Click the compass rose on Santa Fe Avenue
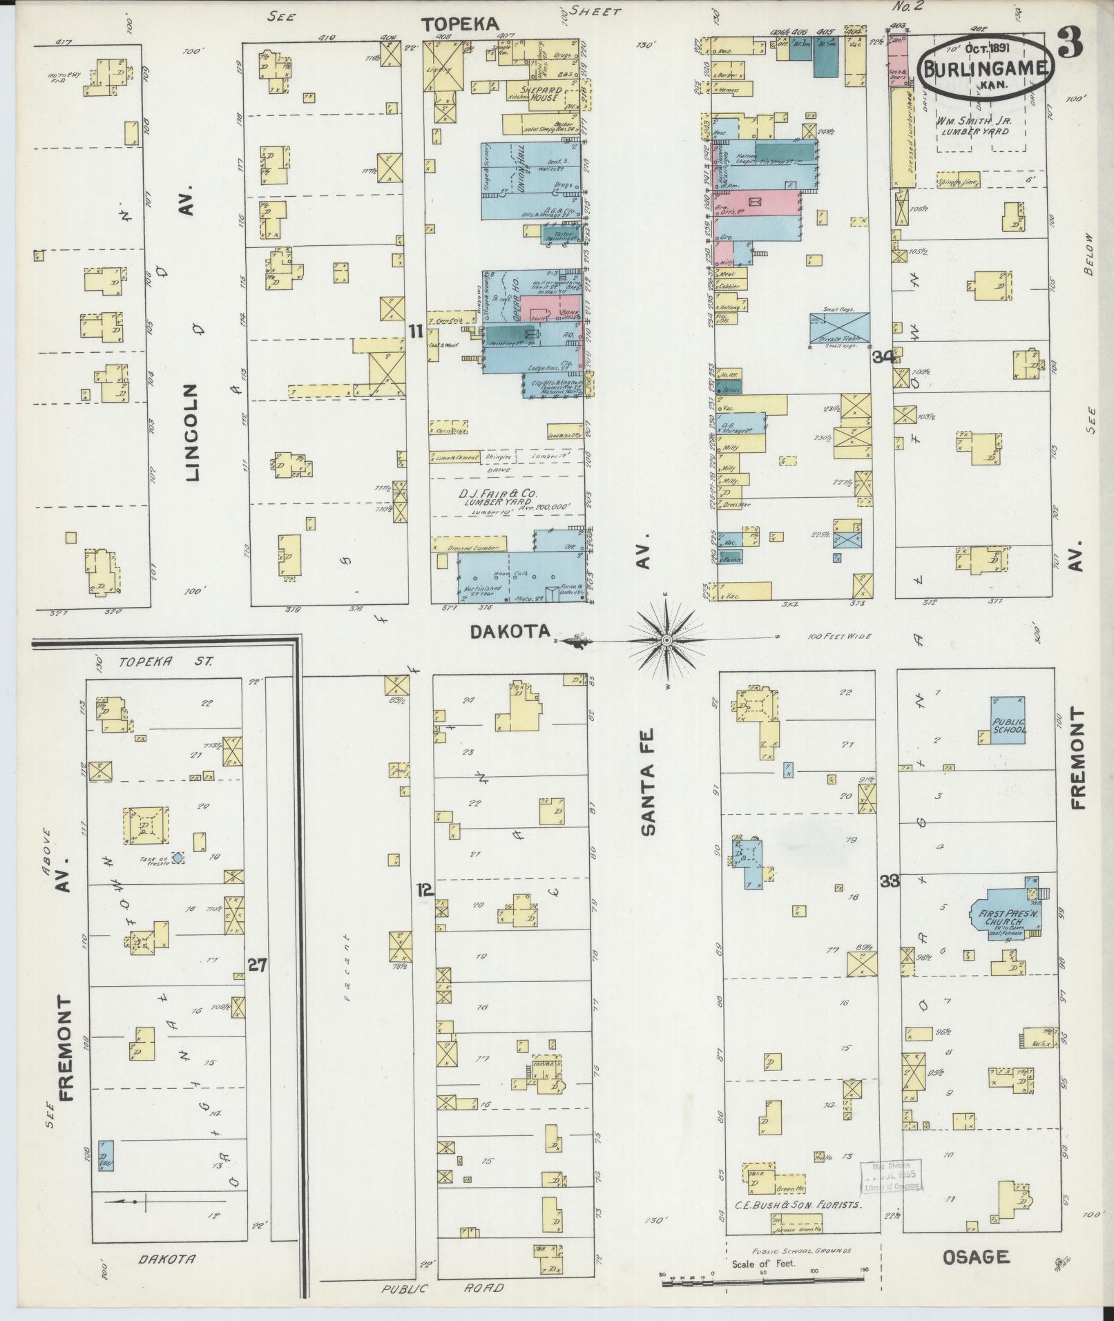(x=666, y=641)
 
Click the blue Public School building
(x=1007, y=720)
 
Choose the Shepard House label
(x=544, y=93)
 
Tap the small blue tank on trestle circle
(x=178, y=857)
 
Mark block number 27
(x=258, y=965)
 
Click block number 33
(x=889, y=880)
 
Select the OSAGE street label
(x=976, y=1257)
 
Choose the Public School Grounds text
(x=801, y=1250)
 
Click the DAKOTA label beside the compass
(x=510, y=630)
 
